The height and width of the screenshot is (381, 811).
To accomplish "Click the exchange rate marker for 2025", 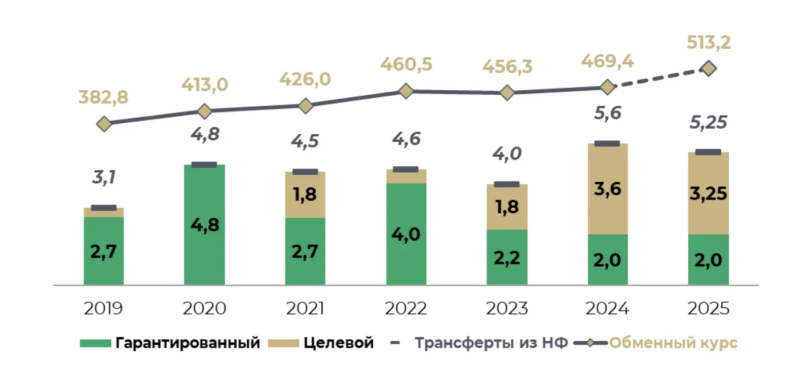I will (x=708, y=68).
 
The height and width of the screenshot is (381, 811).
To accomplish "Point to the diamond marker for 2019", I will (x=104, y=124).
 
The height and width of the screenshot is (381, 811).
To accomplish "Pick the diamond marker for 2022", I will (x=405, y=91).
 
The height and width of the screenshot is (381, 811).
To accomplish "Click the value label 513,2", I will (x=709, y=43).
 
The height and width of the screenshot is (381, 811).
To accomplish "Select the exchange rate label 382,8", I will (x=103, y=97).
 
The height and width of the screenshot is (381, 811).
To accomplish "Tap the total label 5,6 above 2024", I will (x=608, y=113).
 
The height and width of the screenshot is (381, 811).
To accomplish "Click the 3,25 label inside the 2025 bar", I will (x=708, y=194).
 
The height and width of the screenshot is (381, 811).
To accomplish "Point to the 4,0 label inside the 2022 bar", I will (x=405, y=234).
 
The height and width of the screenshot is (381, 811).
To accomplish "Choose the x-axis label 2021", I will (x=305, y=308).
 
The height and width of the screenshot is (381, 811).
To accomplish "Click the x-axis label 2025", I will (x=708, y=308).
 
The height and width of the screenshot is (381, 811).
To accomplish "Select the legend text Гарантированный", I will (x=188, y=343).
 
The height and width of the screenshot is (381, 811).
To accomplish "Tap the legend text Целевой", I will (x=339, y=343).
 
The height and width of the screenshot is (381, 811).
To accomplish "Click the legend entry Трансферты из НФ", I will (x=491, y=343).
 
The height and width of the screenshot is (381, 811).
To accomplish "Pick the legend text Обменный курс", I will (x=673, y=343).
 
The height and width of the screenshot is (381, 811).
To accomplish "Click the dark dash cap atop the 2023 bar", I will (x=507, y=184).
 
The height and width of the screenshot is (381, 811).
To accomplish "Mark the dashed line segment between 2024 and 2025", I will (x=659, y=78).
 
